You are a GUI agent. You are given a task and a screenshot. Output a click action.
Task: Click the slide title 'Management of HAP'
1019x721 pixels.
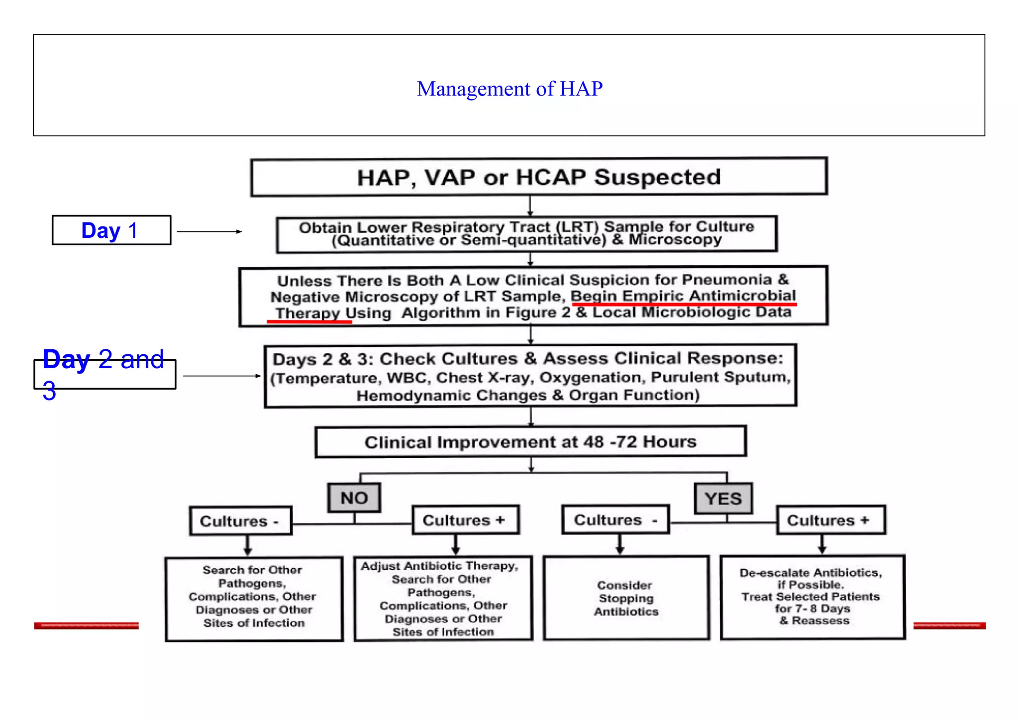pos(509,89)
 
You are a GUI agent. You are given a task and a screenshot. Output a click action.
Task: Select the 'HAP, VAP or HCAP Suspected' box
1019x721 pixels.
pos(539,177)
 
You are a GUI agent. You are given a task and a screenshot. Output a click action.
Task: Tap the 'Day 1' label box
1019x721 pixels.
pos(111,230)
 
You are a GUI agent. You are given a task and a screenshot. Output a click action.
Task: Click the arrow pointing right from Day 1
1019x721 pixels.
pos(209,232)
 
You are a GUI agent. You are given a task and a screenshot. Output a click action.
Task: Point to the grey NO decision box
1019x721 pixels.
pos(354,498)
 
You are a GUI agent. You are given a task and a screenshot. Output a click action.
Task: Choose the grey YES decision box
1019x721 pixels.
pos(723,499)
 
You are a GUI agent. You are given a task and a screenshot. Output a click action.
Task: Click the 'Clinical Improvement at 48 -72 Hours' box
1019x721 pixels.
pos(530,442)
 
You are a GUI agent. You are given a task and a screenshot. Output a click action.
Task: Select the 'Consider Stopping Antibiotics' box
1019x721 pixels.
pos(626,598)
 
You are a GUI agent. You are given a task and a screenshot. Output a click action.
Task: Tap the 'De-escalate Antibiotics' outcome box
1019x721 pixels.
pos(813,597)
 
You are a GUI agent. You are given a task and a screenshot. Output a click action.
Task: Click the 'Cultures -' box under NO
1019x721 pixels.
pos(240,521)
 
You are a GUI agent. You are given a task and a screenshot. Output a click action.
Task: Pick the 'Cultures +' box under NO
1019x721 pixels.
pos(465,520)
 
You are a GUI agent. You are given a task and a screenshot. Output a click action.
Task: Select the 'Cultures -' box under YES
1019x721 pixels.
pos(615,520)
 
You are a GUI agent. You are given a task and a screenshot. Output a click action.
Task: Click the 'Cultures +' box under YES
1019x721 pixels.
pos(830,520)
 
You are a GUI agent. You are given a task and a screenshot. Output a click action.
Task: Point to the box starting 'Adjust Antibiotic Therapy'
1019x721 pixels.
pos(443,599)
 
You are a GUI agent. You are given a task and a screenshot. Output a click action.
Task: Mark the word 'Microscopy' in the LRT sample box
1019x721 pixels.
pos(675,240)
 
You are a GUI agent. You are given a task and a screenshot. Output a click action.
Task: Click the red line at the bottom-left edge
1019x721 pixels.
pos(86,625)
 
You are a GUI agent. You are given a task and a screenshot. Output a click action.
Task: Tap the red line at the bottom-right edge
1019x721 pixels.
pos(949,625)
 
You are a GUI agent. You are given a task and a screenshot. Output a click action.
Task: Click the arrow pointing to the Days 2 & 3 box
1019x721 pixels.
pos(222,376)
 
